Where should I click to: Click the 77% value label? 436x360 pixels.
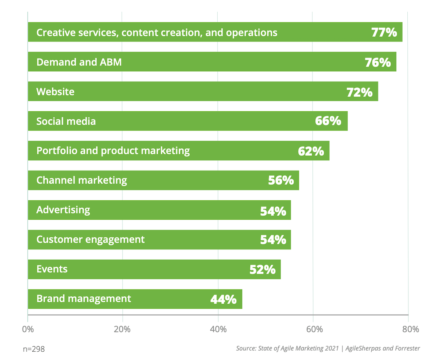click(384, 32)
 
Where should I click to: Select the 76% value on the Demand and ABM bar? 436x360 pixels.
click(378, 62)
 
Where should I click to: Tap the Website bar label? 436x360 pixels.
click(55, 92)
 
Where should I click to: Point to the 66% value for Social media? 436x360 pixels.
click(328, 121)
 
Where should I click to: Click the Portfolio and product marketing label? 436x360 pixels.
click(113, 151)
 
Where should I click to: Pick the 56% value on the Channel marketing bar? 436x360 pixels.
click(281, 180)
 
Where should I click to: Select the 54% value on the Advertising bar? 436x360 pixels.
click(273, 210)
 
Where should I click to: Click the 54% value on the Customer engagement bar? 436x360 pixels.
click(273, 240)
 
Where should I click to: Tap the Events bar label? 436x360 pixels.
click(52, 269)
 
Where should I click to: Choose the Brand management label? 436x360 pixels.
click(84, 299)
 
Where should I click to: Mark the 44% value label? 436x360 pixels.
click(223, 299)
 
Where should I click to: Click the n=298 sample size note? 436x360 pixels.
click(33, 349)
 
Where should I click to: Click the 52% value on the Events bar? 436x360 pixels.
click(262, 269)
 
